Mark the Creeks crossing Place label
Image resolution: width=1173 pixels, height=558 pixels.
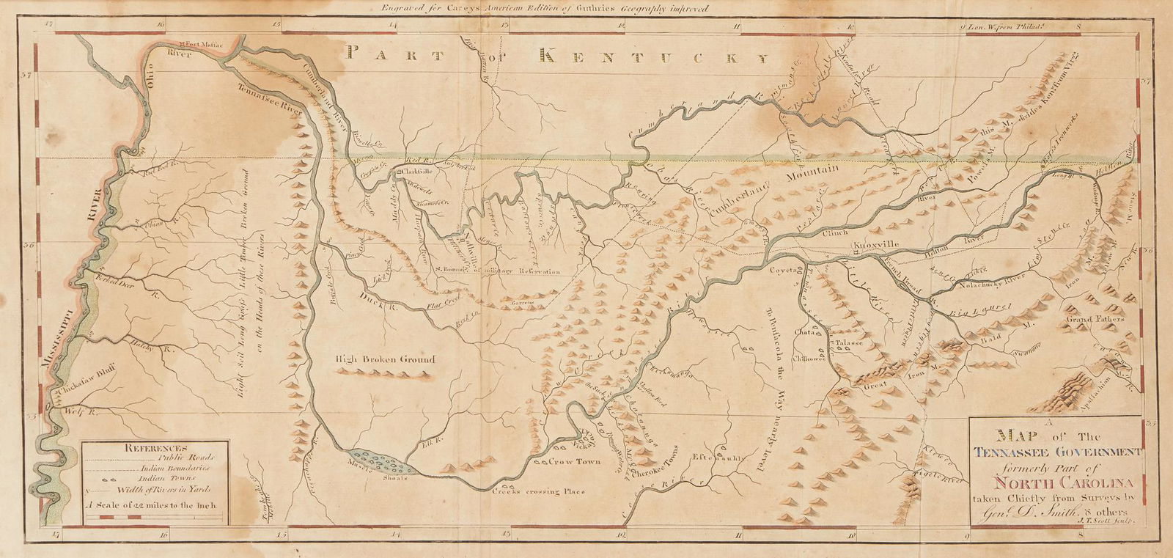[542, 491]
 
